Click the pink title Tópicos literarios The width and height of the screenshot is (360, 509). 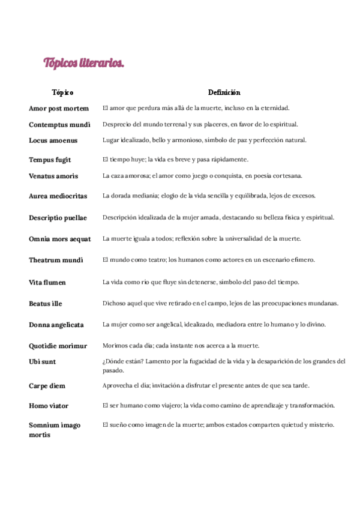83,63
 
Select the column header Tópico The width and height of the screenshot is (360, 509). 62,92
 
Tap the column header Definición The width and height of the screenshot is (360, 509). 224,92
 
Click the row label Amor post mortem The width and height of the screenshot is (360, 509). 59,109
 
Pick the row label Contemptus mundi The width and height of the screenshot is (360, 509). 59,125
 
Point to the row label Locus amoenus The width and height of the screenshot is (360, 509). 53,140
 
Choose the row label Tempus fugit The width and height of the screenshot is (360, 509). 50,160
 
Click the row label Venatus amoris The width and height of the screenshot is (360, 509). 53,176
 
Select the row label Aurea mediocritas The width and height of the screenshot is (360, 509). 58,196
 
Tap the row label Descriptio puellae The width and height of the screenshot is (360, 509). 58,218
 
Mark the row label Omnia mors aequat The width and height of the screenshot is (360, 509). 60,239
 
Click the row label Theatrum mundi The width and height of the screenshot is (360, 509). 56,261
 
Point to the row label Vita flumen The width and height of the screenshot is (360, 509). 47,282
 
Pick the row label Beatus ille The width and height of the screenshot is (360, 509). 46,304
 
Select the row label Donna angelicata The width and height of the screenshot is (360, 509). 56,325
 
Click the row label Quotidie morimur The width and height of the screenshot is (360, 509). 58,346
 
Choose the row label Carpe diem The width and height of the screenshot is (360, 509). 47,386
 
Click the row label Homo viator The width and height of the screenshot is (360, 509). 49,406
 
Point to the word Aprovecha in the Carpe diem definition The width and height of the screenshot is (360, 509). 116,385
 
